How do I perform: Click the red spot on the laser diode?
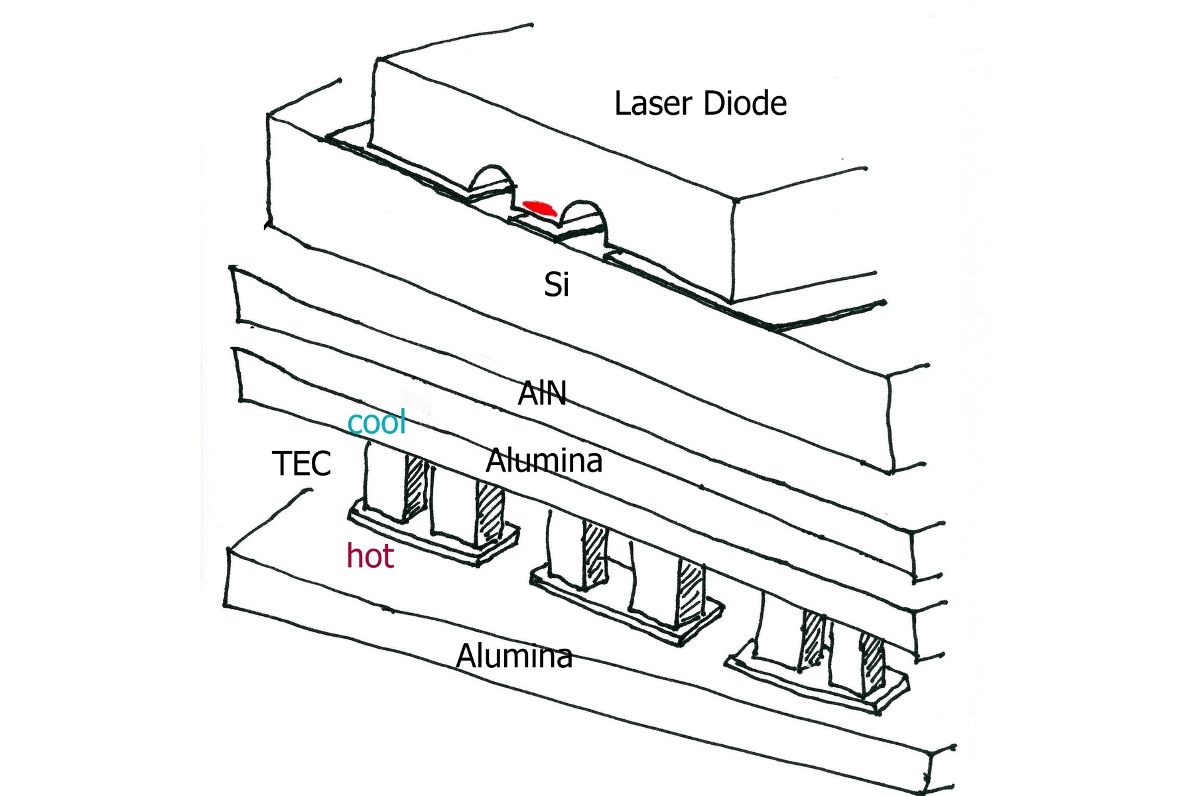(x=537, y=208)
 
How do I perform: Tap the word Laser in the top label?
(x=653, y=103)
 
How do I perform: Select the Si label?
(x=557, y=285)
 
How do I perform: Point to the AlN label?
(x=542, y=393)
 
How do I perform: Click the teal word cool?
(x=377, y=422)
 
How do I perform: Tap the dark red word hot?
(x=370, y=556)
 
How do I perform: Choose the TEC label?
(x=301, y=463)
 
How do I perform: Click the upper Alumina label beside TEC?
(x=544, y=460)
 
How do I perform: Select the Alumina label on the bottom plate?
(x=514, y=656)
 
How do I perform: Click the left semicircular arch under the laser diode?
(x=492, y=180)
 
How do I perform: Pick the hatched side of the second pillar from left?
(x=490, y=511)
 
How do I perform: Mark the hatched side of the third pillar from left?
(x=594, y=554)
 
